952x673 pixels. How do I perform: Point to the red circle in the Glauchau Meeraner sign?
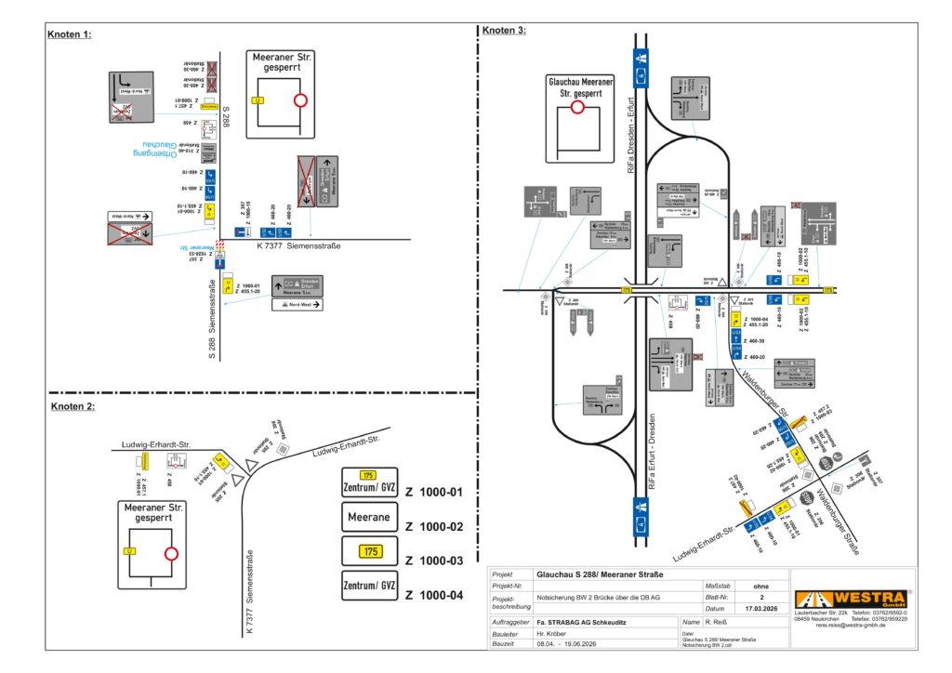coord(577,108)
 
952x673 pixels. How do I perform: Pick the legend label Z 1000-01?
coord(433,492)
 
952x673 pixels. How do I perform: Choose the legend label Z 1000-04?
coord(433,594)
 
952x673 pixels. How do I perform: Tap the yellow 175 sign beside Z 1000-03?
coord(369,551)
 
